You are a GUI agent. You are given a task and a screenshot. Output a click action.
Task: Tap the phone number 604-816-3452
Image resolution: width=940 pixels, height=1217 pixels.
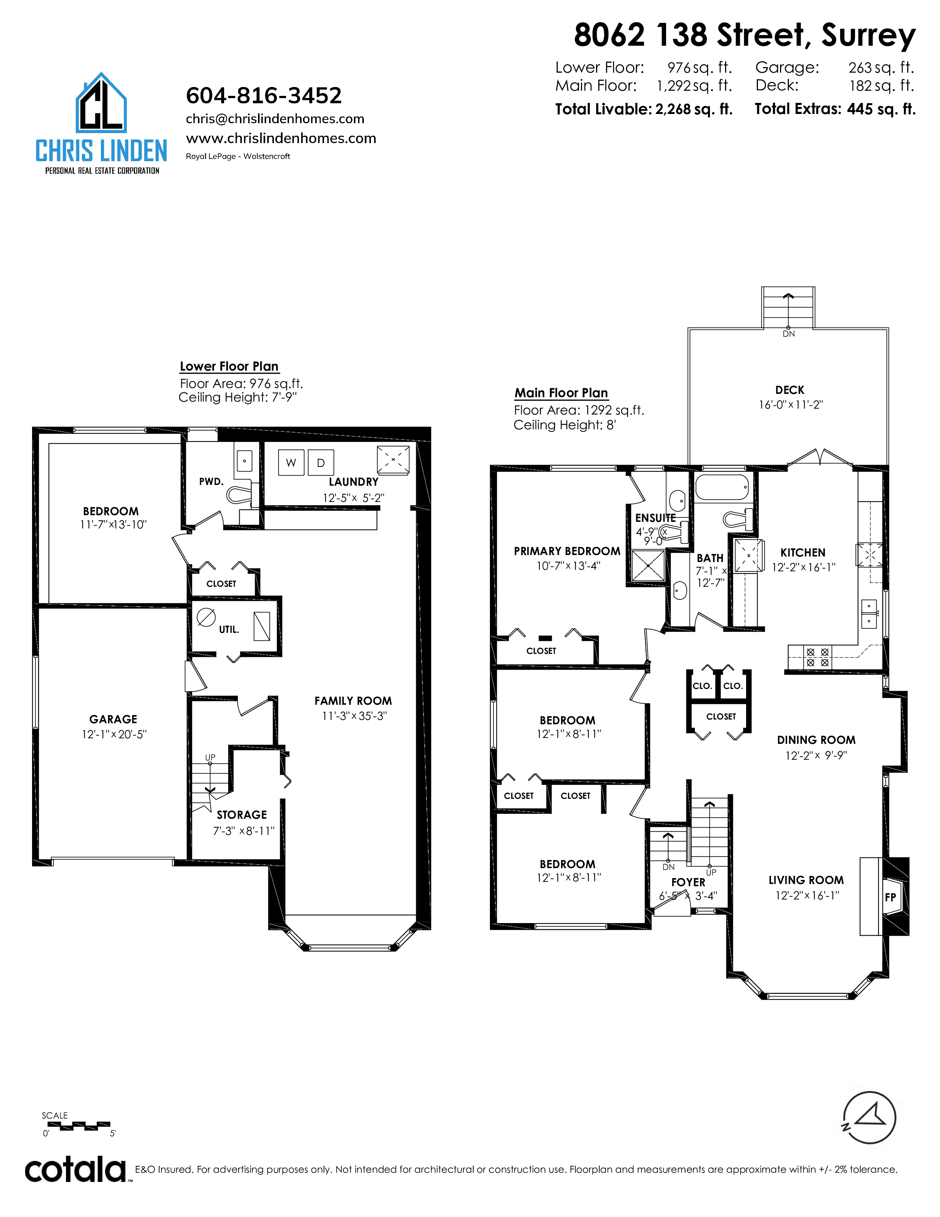(x=264, y=95)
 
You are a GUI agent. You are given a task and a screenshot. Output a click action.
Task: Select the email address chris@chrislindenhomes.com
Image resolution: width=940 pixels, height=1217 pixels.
(x=275, y=119)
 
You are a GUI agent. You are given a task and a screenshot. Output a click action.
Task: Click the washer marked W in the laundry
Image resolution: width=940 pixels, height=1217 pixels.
(x=291, y=462)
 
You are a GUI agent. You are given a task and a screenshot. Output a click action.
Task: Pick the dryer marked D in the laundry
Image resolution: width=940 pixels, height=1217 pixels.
(x=321, y=462)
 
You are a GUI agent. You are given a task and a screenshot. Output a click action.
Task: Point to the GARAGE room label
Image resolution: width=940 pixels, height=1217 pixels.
(x=113, y=720)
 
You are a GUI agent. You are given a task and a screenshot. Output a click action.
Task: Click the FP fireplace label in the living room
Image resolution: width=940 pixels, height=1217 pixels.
(x=891, y=897)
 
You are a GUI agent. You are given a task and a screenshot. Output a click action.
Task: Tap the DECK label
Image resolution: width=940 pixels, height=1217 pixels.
(x=790, y=390)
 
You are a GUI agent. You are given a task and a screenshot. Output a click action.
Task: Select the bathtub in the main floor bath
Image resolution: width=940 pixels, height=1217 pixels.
(x=722, y=488)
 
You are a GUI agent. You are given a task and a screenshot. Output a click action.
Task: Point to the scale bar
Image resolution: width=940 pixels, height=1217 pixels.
(x=78, y=1125)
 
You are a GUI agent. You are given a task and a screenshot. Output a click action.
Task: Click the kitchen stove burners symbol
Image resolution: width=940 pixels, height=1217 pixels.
(x=818, y=658)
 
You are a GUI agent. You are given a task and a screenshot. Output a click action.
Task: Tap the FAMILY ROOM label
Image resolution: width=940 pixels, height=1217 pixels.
(x=353, y=701)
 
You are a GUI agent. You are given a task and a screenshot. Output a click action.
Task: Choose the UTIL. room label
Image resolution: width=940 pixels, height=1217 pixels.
(x=229, y=630)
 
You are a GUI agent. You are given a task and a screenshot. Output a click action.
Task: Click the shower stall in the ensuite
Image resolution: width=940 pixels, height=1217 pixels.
(x=648, y=566)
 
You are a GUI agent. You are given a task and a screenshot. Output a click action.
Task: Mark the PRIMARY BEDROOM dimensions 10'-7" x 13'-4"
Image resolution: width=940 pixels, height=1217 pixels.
(x=568, y=566)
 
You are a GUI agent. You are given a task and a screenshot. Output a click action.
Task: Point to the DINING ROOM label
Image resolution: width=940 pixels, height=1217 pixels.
(x=817, y=740)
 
